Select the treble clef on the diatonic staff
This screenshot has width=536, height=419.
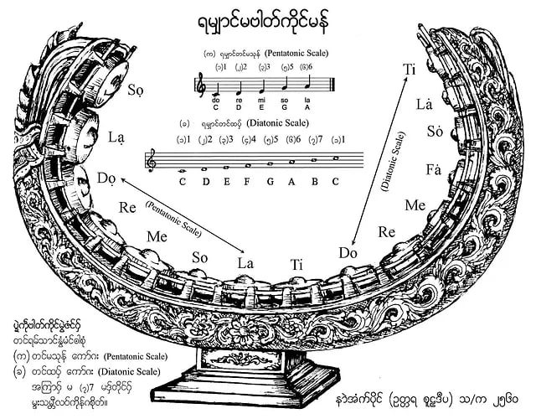152,159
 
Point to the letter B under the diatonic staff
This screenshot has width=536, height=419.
313,181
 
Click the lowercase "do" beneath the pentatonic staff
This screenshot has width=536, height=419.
217,99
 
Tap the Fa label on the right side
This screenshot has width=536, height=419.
434,171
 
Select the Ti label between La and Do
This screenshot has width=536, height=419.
296,264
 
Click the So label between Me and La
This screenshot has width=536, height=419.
200,256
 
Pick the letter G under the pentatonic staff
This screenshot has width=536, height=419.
284,106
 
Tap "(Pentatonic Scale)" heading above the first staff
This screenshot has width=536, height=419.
291,53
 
